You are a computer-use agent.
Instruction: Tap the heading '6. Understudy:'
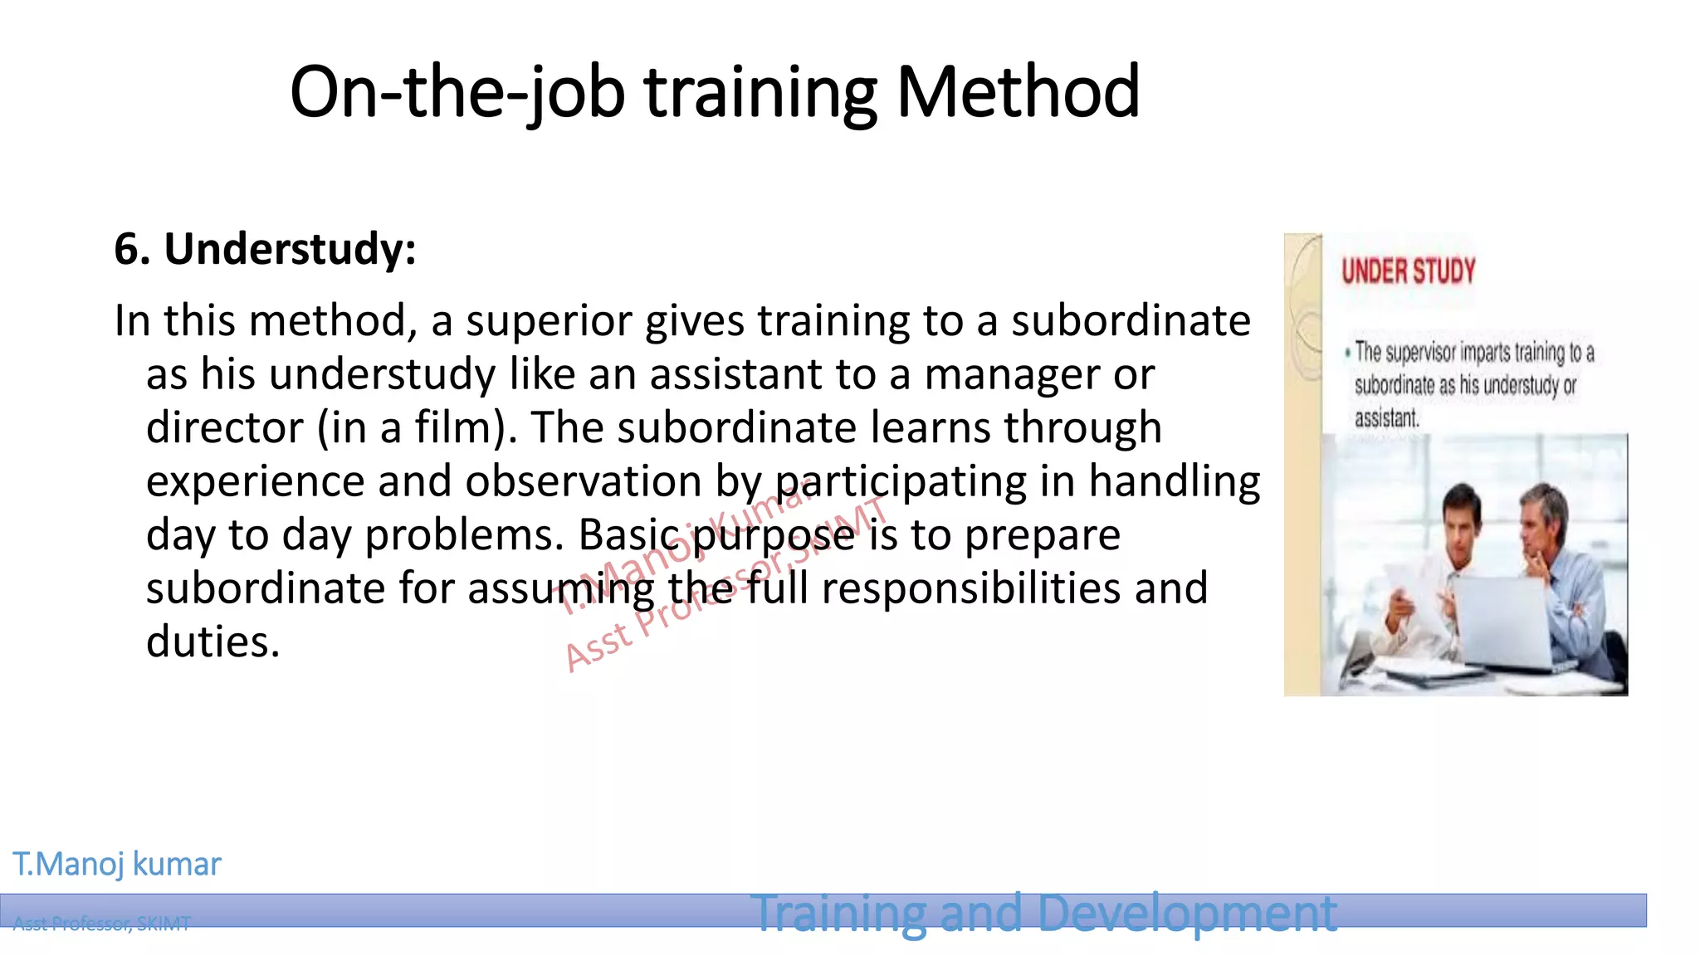(x=265, y=249)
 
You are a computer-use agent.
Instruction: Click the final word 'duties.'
(x=213, y=642)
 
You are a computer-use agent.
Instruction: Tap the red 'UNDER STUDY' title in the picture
(x=1408, y=271)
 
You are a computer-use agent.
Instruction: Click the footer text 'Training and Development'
(x=1043, y=913)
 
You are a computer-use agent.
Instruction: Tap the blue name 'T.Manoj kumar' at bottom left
(x=117, y=865)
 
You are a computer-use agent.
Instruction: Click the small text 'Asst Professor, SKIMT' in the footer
(x=101, y=924)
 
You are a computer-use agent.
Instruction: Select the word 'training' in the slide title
(x=760, y=92)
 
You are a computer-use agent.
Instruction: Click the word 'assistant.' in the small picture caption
(x=1387, y=418)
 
